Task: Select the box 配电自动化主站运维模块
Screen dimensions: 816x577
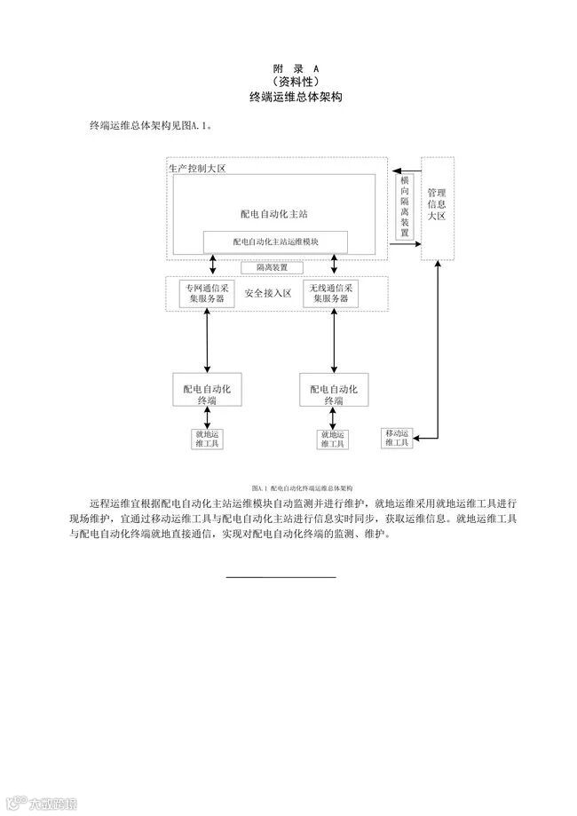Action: (275, 242)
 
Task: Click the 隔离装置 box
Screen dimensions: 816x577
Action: (273, 266)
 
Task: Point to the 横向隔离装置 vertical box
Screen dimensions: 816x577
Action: (406, 207)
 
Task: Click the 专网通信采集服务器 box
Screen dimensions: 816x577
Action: (208, 294)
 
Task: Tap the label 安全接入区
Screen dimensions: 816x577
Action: (269, 294)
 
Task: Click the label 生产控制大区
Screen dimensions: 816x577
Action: (198, 169)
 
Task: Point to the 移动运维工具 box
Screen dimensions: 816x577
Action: (397, 438)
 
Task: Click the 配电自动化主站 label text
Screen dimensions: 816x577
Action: (273, 213)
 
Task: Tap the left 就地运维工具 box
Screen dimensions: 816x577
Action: (207, 439)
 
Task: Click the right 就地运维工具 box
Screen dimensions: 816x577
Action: (332, 439)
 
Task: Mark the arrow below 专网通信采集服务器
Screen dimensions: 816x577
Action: (208, 341)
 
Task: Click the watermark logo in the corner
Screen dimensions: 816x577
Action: (40, 804)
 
